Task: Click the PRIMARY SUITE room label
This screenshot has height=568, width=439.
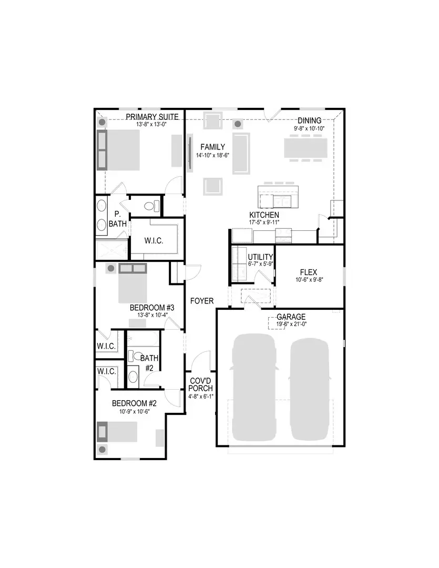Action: [x=152, y=117]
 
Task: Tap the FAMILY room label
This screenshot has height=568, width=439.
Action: [x=213, y=147]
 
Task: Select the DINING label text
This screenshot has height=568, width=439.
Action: [x=309, y=121]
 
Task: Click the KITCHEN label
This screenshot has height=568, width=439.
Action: [x=264, y=216]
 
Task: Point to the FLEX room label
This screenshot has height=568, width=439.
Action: [x=308, y=272]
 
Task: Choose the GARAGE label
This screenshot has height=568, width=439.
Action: [x=291, y=317]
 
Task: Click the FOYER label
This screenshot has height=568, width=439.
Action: [x=202, y=301]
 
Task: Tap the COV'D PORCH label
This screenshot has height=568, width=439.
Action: [x=201, y=384]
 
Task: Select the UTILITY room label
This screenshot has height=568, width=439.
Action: [x=260, y=257]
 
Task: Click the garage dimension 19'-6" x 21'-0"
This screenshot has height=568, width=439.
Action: [x=291, y=324]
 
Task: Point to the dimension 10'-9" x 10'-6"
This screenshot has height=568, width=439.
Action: [x=135, y=411]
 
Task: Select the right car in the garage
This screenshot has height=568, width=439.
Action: [x=310, y=388]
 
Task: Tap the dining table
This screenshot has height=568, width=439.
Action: [x=305, y=147]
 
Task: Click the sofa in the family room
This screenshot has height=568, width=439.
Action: [x=241, y=153]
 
